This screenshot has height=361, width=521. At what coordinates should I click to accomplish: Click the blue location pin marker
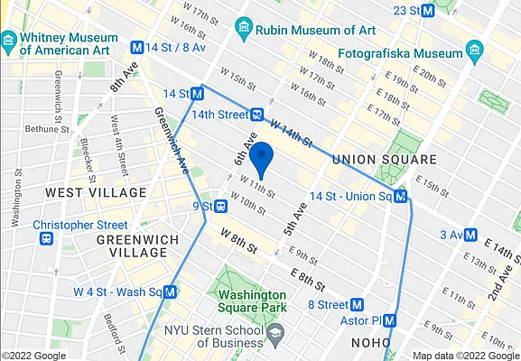(261, 158)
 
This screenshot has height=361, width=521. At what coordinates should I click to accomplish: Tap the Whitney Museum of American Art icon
(9, 41)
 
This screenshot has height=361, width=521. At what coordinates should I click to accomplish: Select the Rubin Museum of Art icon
(243, 27)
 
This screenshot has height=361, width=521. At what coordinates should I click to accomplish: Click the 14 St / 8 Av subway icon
(138, 47)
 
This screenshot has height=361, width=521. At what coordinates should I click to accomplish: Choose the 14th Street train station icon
(257, 115)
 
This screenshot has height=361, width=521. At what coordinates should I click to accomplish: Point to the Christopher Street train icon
(45, 239)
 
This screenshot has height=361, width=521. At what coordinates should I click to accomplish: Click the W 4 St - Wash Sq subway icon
(171, 292)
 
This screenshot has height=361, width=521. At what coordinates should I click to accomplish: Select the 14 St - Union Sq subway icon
(399, 196)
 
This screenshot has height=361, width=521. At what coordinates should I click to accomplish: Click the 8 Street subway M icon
(358, 305)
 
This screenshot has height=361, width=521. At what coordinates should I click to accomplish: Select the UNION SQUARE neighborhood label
(384, 160)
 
